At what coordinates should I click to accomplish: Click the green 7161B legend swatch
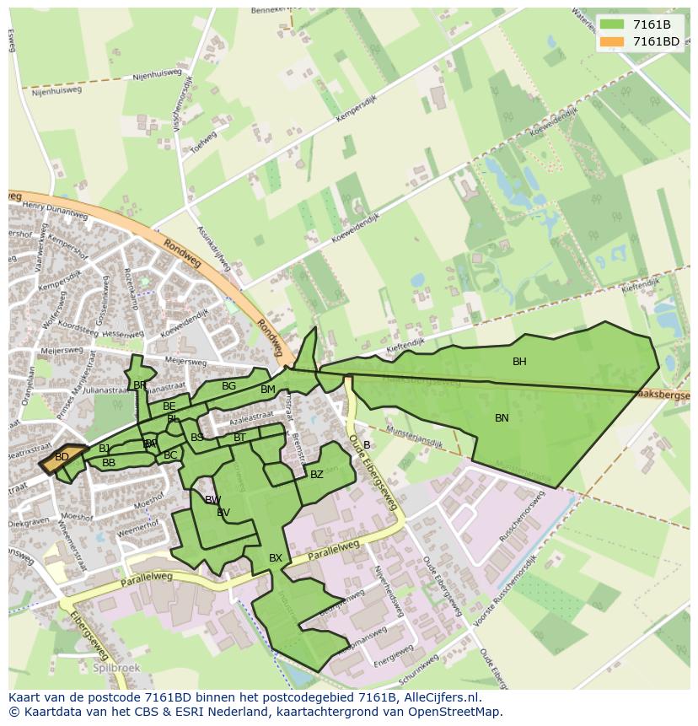coord(612,24)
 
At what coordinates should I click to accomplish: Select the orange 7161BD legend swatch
coord(612,41)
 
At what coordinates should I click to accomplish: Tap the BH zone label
coord(519,362)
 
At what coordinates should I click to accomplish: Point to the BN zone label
coord(502,418)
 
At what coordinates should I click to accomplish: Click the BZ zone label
coord(317,475)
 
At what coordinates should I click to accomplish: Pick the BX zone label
coord(276,558)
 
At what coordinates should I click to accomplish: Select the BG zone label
coord(228,386)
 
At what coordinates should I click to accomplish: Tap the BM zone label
coord(268,390)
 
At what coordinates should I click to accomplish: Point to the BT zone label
coord(239,438)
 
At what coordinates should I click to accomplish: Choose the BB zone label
coord(109,463)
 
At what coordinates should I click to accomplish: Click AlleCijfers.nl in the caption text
coord(440,697)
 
